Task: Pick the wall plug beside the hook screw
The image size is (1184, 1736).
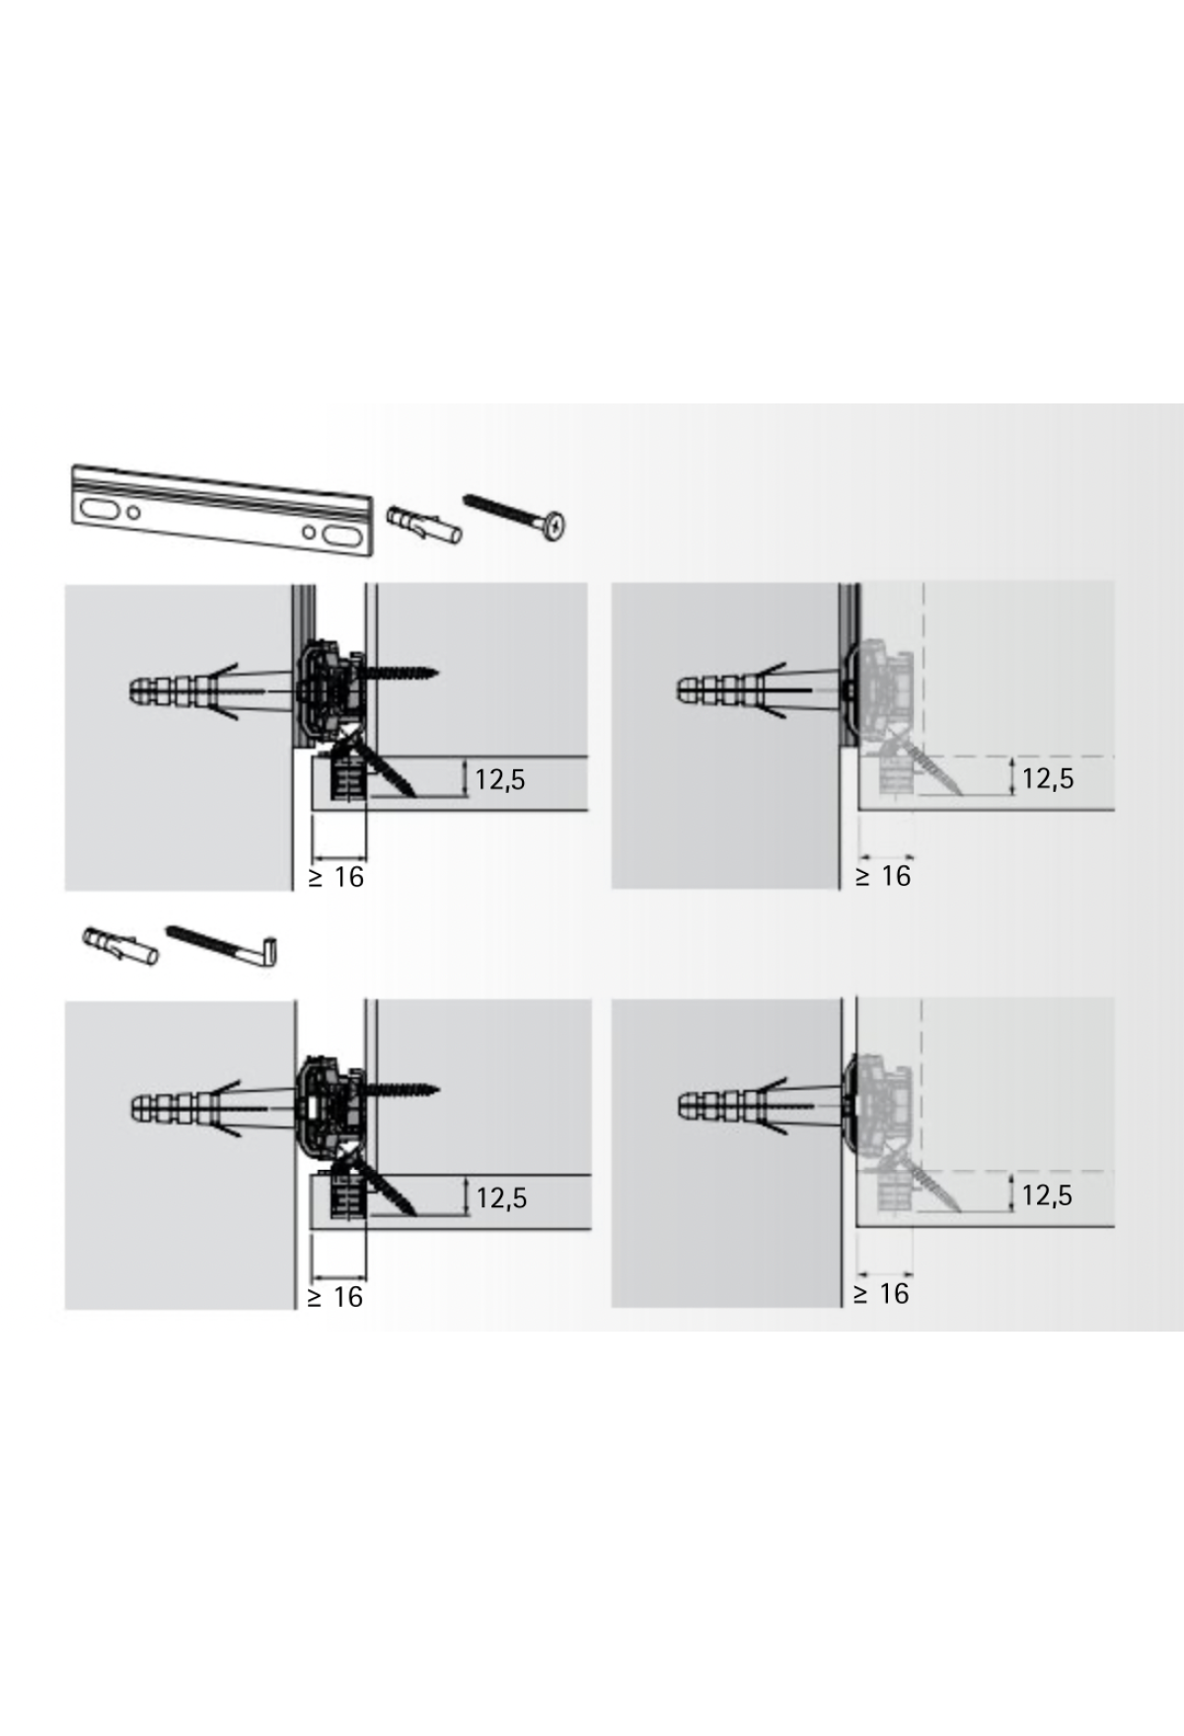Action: pos(119,945)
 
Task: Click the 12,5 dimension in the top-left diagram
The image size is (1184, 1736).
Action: pos(500,779)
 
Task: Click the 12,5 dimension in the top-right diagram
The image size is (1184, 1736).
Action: pos(1047,778)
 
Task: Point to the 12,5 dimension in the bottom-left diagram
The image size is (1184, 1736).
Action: pos(501,1198)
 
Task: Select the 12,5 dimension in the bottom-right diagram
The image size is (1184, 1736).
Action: pos(1047,1195)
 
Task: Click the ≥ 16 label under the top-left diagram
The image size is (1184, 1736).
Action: pos(335,877)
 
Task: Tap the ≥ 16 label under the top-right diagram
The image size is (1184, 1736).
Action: pos(883,876)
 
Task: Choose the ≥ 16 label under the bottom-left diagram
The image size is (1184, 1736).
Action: pos(335,1297)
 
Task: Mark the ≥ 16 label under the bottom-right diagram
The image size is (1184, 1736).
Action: pos(882,1294)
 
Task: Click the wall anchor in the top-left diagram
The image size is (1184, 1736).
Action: pos(212,687)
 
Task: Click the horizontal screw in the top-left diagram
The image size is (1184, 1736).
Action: pos(399,673)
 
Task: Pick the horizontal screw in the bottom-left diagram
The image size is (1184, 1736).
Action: pos(399,1091)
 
